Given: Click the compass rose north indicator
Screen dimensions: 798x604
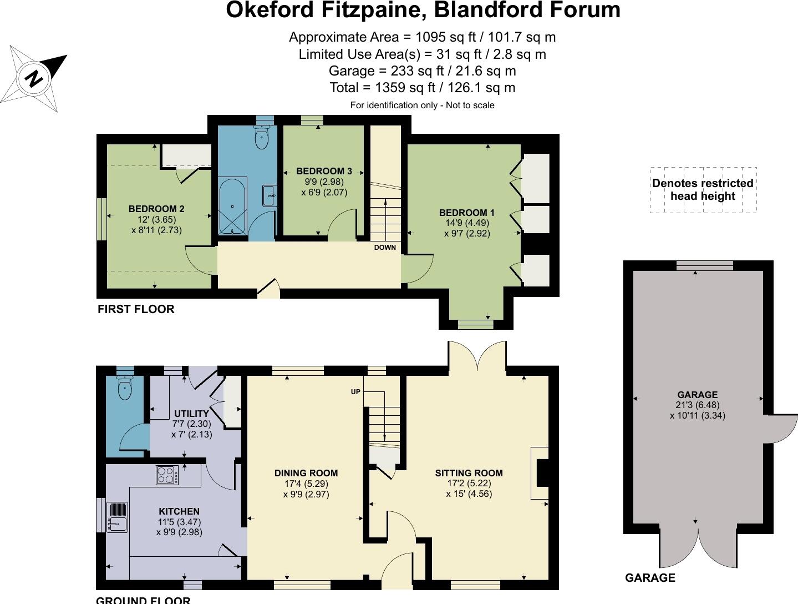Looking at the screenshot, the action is [x=34, y=78].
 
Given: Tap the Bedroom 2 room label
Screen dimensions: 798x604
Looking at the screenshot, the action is [x=156, y=209].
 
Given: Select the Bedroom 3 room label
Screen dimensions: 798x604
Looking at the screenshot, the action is [x=324, y=171].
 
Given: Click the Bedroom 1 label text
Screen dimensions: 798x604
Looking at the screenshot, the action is [x=466, y=213].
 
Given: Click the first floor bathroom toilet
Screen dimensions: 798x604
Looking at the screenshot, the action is [x=261, y=137].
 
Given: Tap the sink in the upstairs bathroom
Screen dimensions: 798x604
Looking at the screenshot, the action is [x=270, y=196].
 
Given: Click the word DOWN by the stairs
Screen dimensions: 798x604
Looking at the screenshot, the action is [x=385, y=248].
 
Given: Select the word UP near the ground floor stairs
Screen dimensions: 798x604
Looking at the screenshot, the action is [x=355, y=392].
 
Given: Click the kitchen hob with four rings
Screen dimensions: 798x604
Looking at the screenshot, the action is [x=167, y=475].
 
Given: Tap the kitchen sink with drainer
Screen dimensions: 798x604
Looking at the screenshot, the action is [x=117, y=516].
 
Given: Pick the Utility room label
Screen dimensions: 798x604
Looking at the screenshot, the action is [x=191, y=414].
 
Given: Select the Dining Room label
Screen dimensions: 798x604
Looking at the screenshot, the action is [x=306, y=473].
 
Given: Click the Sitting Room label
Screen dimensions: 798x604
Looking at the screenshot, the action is [x=469, y=473].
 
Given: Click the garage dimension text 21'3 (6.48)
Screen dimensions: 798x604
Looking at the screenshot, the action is [x=697, y=405].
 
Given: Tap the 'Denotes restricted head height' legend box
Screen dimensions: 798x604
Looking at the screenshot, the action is [x=703, y=190].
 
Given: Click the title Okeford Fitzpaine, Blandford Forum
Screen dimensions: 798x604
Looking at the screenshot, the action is [x=423, y=11].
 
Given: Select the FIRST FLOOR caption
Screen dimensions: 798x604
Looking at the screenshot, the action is [x=136, y=309].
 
